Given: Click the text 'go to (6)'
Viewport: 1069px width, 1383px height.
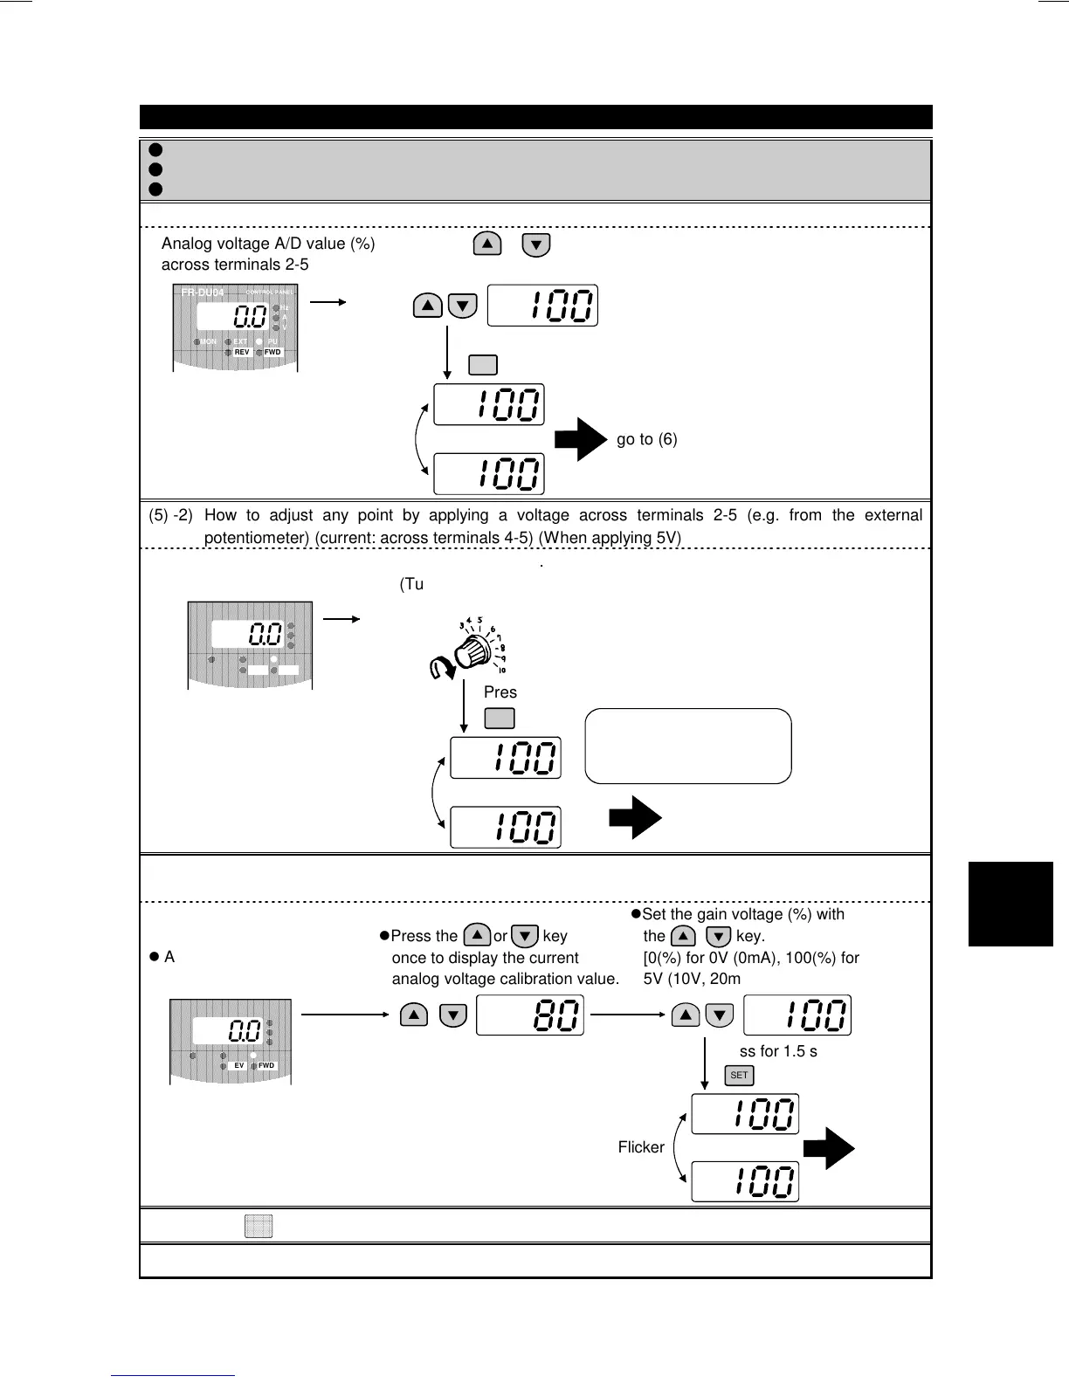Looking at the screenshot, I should point(646,439).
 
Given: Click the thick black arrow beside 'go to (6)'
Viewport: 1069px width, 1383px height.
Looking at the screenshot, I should point(580,439).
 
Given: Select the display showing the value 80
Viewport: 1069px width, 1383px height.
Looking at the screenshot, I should point(530,1015).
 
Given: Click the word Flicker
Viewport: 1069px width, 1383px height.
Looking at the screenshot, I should point(641,1147).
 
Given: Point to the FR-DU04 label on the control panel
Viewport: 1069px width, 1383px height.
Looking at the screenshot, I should point(203,292).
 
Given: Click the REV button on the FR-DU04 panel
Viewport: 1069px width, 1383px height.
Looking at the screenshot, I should point(242,352).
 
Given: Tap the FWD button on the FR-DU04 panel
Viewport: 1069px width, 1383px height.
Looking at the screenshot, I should point(272,352).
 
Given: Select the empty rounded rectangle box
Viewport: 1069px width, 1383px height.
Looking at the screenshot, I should point(688,746).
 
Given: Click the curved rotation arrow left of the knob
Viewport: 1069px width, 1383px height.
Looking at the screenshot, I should point(441,670).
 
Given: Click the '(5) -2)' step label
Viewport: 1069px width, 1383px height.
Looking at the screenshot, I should point(171,515).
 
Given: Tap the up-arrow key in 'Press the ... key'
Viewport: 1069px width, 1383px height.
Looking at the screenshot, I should point(477,935).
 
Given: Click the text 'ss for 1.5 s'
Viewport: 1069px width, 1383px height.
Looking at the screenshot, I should point(778,1051).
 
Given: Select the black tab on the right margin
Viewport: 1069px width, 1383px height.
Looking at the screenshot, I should point(1010,904).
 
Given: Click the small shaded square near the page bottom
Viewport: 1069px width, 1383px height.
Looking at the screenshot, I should point(259,1226).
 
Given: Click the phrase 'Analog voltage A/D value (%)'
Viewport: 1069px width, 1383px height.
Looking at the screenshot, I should point(268,244).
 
